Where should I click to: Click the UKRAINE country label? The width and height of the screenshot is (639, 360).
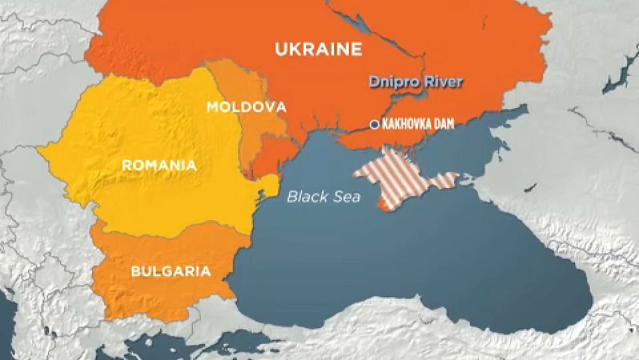pos(318,49)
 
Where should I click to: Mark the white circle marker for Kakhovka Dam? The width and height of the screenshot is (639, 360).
pos(374,125)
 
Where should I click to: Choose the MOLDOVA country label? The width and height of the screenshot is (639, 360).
pos(245,107)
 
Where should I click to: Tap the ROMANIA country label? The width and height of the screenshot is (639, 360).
pos(158,166)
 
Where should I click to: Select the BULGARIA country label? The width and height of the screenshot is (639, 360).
pos(171,271)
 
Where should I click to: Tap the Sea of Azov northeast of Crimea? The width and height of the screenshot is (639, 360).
pos(486,137)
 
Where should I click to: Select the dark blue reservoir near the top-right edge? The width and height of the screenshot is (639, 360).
pos(617,74)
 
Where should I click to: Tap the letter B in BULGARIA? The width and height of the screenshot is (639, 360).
pos(135,271)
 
